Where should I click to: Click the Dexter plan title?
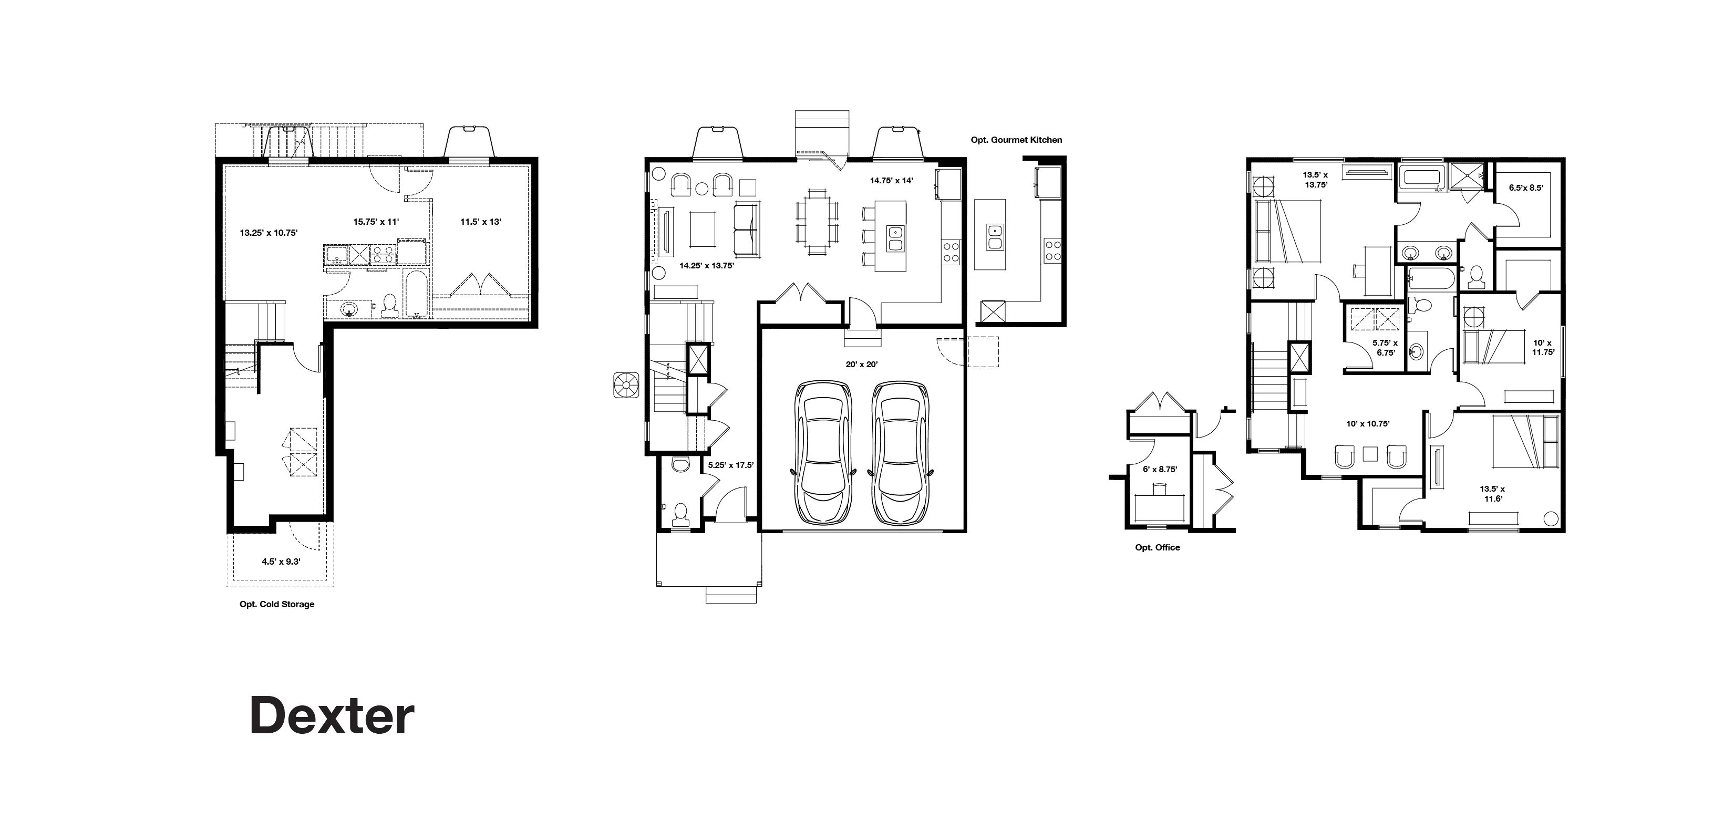[332, 715]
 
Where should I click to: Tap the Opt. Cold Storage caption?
[277, 604]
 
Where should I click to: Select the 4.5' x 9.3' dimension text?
[281, 561]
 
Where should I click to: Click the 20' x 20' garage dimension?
[862, 364]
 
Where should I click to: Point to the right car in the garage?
[900, 453]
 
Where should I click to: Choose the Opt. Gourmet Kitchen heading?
[1016, 140]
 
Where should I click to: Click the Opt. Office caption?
[1157, 547]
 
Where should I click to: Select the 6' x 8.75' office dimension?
[1160, 469]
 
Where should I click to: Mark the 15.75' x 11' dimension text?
[376, 222]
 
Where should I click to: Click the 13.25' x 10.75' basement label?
[269, 233]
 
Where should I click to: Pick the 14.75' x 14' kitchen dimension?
[891, 180]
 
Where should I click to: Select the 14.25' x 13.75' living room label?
[706, 265]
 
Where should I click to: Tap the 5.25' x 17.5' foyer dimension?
[730, 464]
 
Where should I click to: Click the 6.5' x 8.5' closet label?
[1525, 188]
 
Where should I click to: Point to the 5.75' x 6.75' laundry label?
[1385, 347]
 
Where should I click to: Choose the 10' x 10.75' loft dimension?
[1368, 424]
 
